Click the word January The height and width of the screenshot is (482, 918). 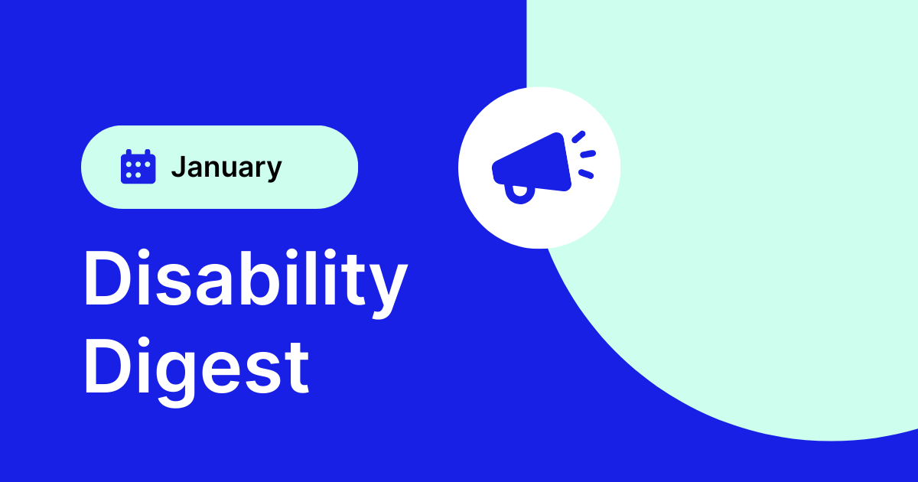[x=226, y=167]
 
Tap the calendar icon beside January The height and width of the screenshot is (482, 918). [x=138, y=167]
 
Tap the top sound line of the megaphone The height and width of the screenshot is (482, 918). [x=578, y=137]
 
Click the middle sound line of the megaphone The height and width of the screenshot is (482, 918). [x=587, y=155]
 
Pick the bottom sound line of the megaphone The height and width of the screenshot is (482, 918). [x=585, y=174]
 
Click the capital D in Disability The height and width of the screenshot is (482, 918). [x=106, y=280]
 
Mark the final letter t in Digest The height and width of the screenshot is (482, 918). [x=298, y=367]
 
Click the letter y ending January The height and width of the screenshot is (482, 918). [x=273, y=171]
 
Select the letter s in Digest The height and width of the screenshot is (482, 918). [x=264, y=370]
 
